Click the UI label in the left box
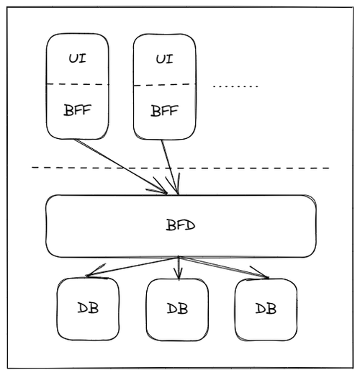point(77,58)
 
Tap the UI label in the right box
point(164,59)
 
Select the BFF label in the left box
point(77,110)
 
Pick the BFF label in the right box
point(164,111)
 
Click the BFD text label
point(181,225)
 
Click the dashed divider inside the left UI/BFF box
point(77,84)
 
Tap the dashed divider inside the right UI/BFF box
point(165,85)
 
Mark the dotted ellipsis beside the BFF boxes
point(235,86)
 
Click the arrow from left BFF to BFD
point(120,166)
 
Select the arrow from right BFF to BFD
point(170,167)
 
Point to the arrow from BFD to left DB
point(132,266)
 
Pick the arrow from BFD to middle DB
point(179,268)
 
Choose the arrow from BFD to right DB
point(224,268)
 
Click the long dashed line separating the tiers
point(181,168)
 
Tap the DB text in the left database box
point(88,308)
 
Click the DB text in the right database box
point(266,309)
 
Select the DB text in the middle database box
point(177,309)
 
